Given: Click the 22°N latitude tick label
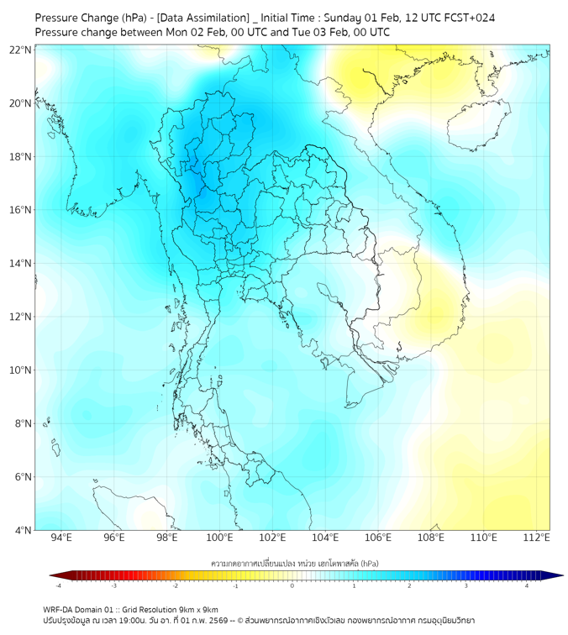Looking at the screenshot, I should click(x=20, y=50).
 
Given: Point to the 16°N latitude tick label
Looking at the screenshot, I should click(x=20, y=210).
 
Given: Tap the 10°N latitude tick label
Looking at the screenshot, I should click(x=20, y=370).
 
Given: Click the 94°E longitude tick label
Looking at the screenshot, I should click(x=61, y=538).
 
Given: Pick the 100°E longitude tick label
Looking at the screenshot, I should click(x=219, y=538).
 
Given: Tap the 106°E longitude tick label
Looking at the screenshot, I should click(x=378, y=538).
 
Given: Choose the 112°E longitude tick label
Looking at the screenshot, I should click(x=536, y=538).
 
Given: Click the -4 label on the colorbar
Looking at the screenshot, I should click(x=58, y=585).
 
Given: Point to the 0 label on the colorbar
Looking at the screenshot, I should click(x=292, y=585).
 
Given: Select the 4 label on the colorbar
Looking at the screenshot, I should click(x=527, y=585).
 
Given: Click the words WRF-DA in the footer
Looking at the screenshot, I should click(x=60, y=609).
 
